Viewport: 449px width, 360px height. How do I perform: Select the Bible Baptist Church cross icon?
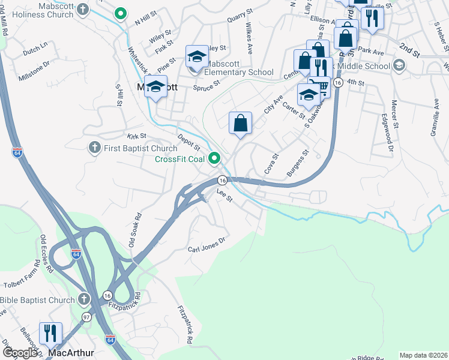pos(83,299)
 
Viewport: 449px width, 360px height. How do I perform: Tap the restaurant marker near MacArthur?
pos(50,334)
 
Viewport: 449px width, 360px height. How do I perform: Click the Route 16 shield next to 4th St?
pos(339,83)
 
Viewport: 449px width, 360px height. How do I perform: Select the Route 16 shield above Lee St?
pos(222,180)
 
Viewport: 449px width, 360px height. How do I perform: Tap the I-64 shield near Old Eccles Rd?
pos(76,253)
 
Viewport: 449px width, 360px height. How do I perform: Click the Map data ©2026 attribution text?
pos(423,355)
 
